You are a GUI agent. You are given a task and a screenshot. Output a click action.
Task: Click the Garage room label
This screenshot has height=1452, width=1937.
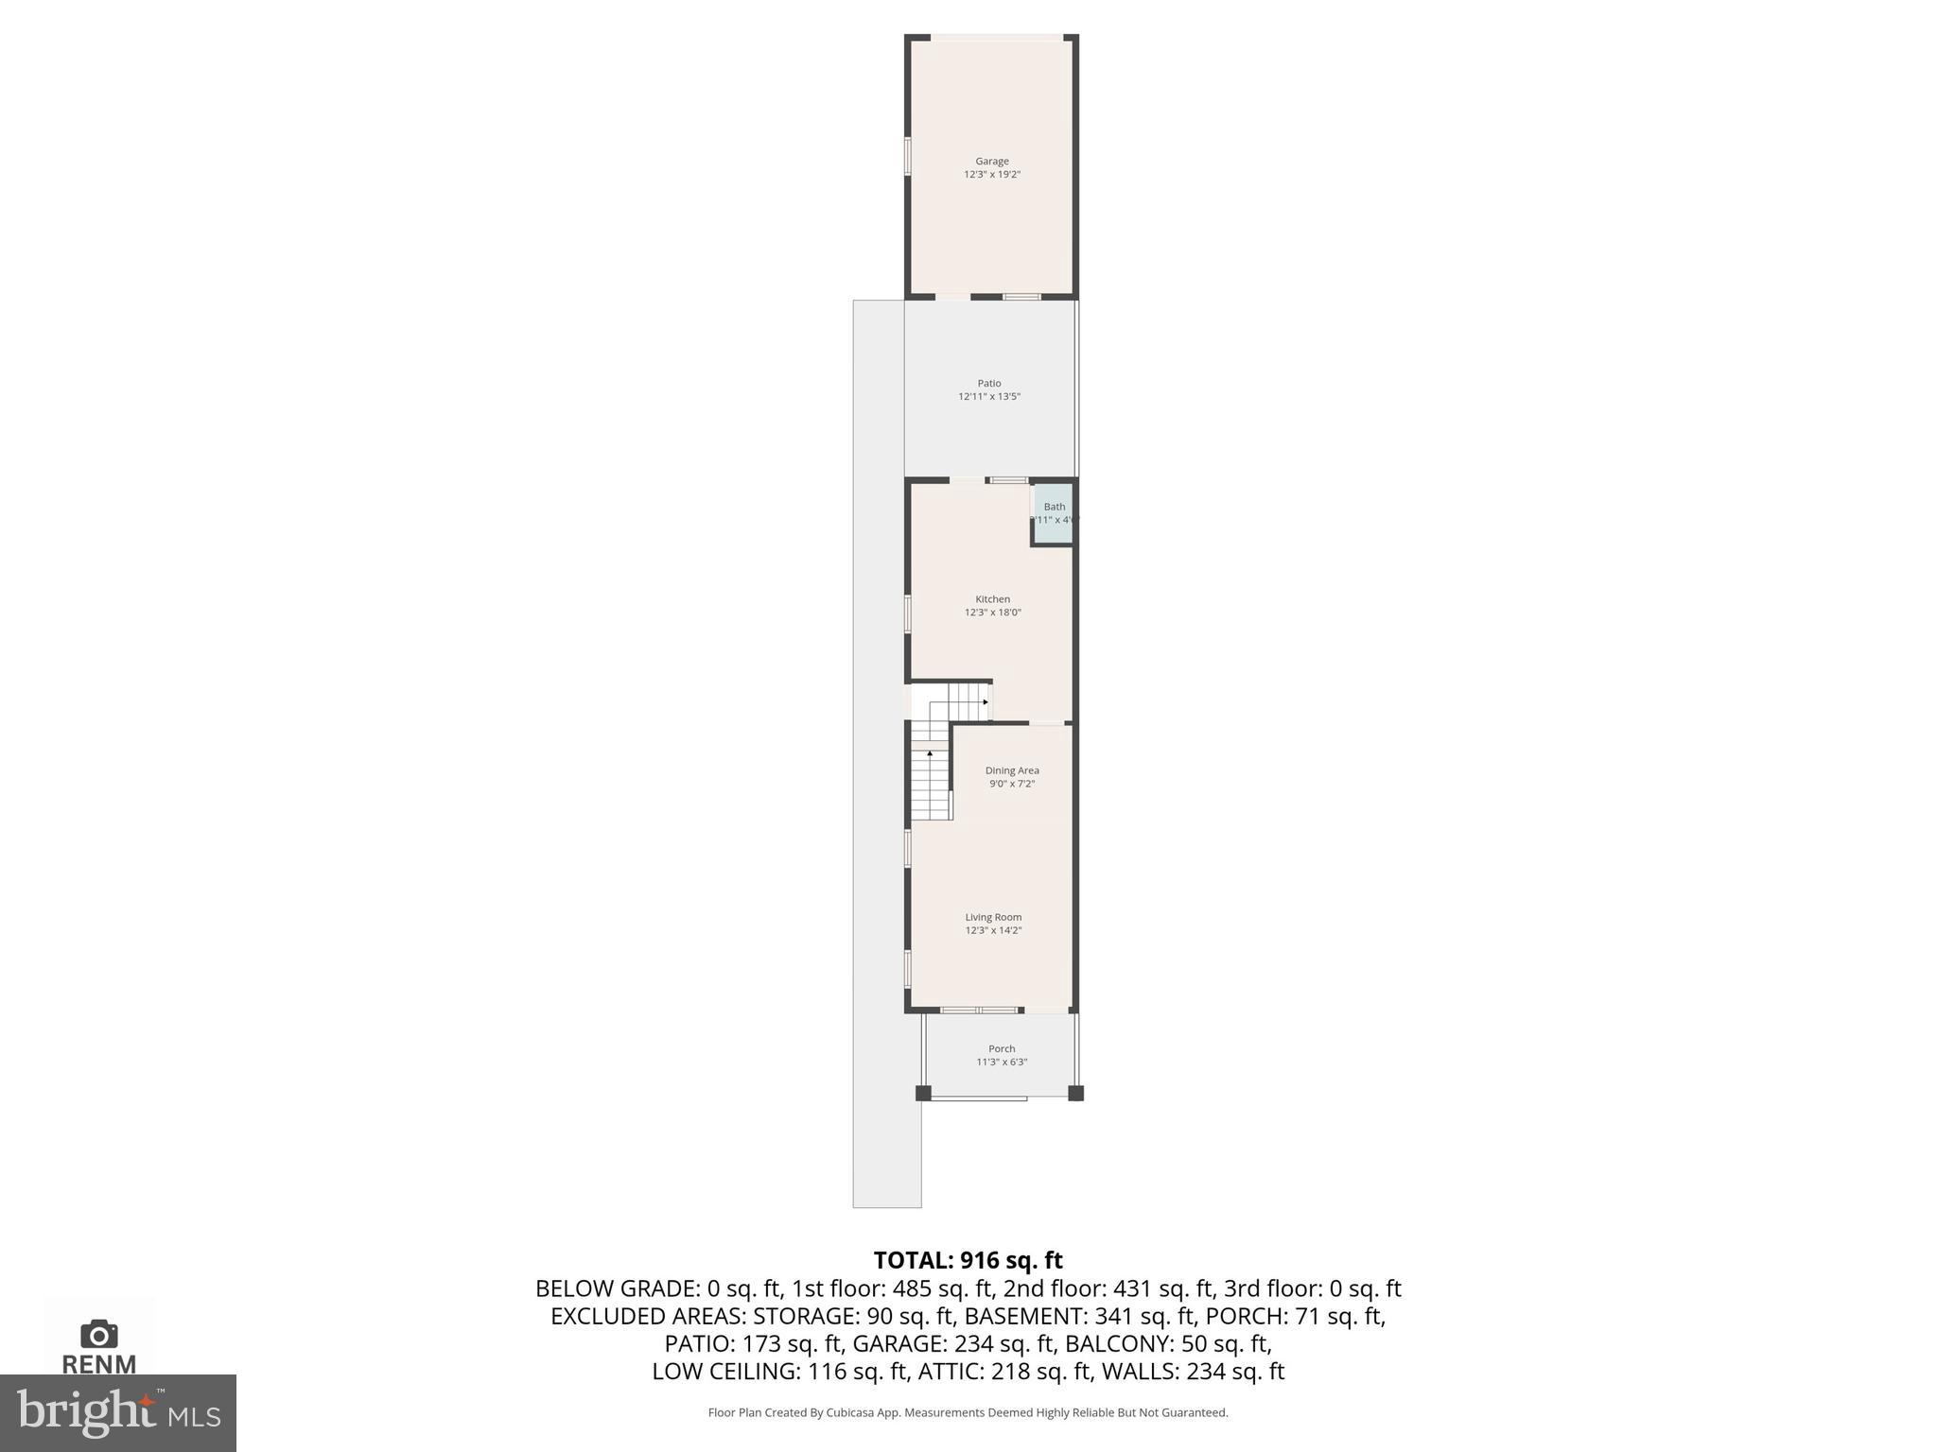click(992, 162)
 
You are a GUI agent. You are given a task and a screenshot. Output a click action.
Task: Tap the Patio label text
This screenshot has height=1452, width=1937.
click(989, 384)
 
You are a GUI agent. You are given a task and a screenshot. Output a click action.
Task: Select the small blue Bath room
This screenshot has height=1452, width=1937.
click(1054, 515)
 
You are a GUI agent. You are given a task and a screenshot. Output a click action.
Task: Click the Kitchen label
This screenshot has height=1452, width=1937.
click(993, 599)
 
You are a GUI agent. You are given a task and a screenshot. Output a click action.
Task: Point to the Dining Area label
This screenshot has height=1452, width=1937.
click(1012, 770)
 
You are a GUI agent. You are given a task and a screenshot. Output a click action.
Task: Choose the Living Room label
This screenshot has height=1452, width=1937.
click(993, 917)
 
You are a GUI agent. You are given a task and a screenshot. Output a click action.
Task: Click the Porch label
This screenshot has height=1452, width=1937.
click(1002, 1048)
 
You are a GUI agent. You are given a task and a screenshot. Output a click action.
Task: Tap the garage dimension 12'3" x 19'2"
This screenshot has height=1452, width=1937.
click(992, 175)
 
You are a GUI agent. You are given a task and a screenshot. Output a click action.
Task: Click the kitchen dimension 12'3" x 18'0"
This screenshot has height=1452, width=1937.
click(993, 613)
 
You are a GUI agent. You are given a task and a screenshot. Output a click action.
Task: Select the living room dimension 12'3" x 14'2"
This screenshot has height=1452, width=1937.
click(993, 930)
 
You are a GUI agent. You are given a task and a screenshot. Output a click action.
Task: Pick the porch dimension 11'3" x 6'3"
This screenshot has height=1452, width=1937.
click(1002, 1062)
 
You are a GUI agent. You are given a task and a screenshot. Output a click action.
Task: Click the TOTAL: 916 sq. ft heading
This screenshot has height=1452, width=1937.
click(968, 1260)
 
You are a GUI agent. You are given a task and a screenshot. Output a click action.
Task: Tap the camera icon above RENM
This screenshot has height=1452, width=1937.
click(99, 1334)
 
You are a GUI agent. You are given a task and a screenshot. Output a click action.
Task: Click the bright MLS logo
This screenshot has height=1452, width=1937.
click(118, 1412)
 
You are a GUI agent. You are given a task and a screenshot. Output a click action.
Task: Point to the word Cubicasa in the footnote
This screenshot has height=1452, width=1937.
click(848, 1413)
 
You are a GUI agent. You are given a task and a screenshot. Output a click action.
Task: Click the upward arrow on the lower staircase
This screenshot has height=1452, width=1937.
click(930, 753)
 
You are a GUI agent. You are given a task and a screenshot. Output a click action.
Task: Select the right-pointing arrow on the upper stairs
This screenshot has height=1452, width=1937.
click(986, 702)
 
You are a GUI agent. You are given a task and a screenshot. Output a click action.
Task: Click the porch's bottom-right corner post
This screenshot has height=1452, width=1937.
click(1075, 1094)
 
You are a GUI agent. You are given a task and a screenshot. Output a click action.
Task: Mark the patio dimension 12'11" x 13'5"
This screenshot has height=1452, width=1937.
click(989, 397)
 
